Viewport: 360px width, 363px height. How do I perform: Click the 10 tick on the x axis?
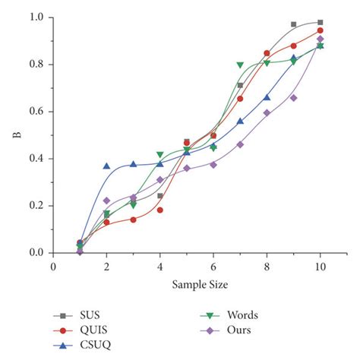click(x=320, y=267)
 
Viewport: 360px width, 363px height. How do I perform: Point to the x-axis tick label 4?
click(x=159, y=267)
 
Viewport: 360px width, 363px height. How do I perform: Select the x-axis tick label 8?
click(x=267, y=267)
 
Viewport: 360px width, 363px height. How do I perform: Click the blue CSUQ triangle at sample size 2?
click(x=106, y=166)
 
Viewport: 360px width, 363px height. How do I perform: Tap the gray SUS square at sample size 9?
click(x=293, y=24)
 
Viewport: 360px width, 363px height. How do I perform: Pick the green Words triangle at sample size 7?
click(x=240, y=65)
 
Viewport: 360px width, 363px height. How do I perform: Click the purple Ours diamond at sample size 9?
click(x=293, y=97)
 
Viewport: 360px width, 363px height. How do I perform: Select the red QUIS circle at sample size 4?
click(x=159, y=210)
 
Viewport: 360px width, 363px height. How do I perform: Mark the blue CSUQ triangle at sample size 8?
click(x=267, y=97)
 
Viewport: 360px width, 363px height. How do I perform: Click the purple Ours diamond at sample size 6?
click(x=213, y=164)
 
